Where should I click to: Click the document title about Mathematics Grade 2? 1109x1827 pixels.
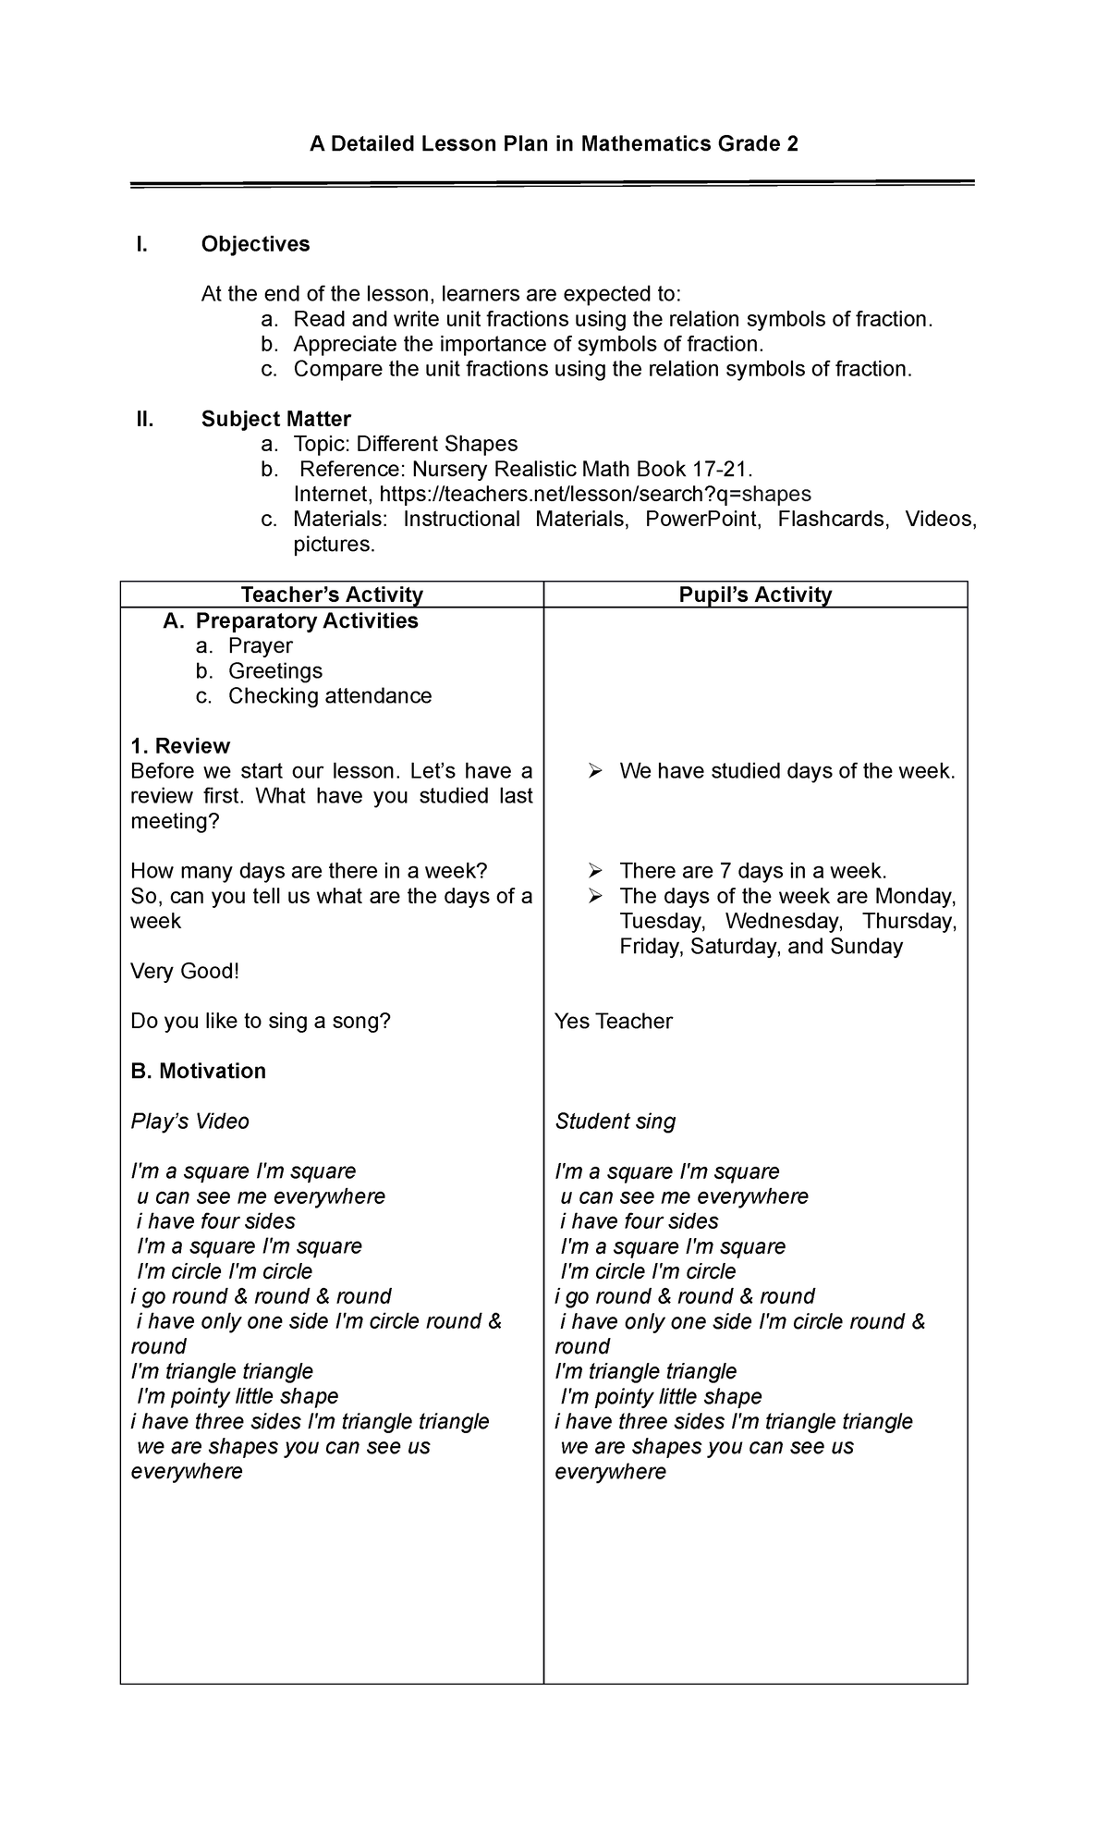(x=554, y=144)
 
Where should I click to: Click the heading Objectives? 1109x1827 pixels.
(x=255, y=244)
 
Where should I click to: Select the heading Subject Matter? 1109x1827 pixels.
(x=275, y=419)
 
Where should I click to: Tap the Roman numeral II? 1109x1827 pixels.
(x=143, y=419)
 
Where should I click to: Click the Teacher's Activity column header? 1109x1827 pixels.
(x=332, y=595)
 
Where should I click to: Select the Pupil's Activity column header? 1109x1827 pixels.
(x=755, y=595)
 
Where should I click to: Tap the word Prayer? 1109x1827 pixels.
(x=260, y=645)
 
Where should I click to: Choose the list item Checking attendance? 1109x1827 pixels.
(x=330, y=695)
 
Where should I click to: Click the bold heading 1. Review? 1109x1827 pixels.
(x=180, y=746)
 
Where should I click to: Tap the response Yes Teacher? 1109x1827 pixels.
(x=613, y=1021)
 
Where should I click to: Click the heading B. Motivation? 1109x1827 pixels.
(x=198, y=1071)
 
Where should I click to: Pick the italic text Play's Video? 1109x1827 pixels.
(x=189, y=1122)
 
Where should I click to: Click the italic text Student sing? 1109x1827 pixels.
(x=615, y=1122)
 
